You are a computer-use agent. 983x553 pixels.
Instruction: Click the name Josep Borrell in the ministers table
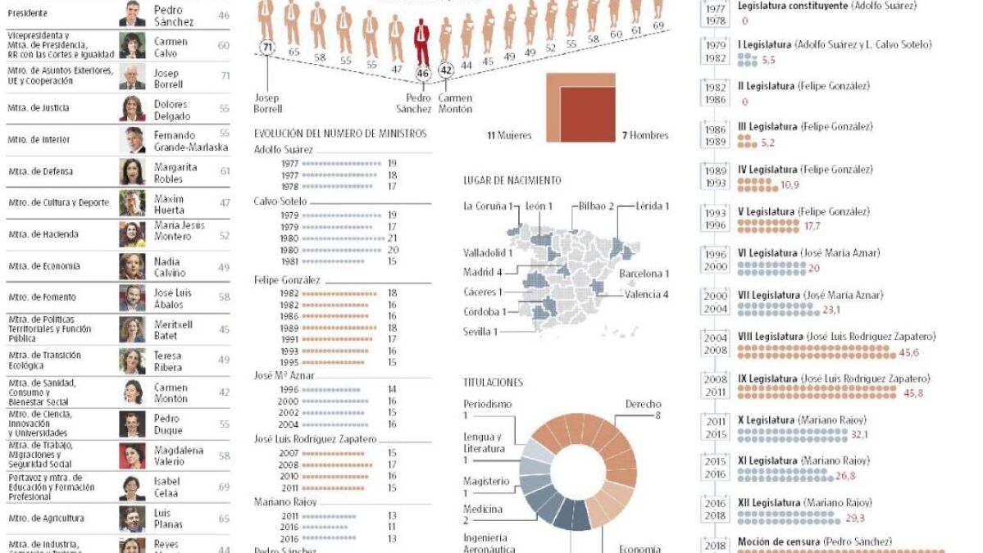[167, 78]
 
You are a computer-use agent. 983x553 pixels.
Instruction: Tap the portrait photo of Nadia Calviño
[132, 266]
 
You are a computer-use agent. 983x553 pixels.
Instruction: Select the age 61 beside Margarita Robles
[225, 171]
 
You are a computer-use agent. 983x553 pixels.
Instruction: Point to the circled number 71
[266, 48]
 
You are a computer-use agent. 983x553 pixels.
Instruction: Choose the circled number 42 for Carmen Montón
[446, 72]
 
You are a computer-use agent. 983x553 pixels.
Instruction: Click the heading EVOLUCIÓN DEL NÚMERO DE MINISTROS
[340, 133]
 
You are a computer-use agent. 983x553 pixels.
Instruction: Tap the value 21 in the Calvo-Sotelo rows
[393, 238]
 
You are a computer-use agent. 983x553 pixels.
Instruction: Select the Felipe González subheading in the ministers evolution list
[287, 280]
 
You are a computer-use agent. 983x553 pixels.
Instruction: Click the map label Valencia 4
[647, 294]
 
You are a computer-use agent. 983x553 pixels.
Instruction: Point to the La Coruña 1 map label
[488, 206]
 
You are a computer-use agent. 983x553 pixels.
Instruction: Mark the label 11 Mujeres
[509, 135]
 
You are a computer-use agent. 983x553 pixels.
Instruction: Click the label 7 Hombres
[645, 135]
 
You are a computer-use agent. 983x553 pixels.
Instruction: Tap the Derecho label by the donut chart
[643, 405]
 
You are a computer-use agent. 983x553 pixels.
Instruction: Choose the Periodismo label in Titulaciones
[487, 405]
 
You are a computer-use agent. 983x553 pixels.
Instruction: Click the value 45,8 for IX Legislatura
[913, 393]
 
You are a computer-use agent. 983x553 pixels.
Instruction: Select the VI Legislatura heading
[767, 253]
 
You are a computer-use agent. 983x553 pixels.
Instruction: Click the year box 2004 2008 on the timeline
[716, 344]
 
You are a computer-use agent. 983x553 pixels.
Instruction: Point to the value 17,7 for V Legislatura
[812, 225]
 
